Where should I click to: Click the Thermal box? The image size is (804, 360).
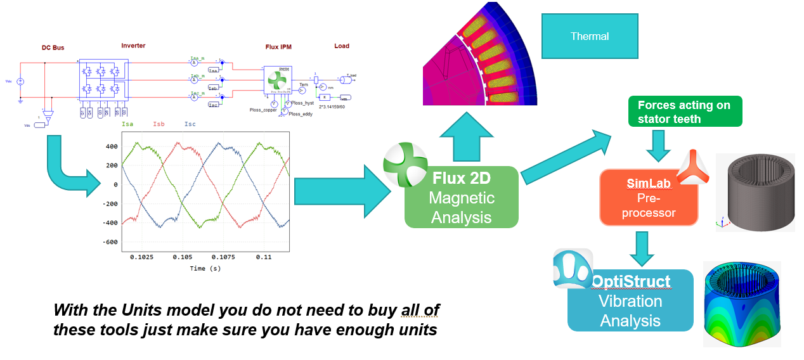coord(590,37)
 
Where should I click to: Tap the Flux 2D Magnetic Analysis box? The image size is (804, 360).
coord(461,197)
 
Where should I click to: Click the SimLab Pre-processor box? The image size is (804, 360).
coord(648,198)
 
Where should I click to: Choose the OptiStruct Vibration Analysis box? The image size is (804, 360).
coord(630,301)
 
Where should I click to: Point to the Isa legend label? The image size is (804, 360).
coord(127,125)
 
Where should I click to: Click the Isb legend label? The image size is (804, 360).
coord(159,125)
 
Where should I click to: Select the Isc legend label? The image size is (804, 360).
coord(190,125)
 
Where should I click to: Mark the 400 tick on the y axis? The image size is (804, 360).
coord(112,146)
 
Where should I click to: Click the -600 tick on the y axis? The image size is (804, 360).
coord(109,242)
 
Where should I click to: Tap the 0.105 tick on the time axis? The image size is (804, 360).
coord(183,258)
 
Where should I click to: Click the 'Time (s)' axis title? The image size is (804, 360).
coord(205,268)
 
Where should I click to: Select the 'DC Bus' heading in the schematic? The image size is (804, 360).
coord(53,48)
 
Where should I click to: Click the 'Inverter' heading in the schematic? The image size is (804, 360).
coord(133,46)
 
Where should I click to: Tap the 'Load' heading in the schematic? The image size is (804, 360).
coord(342,46)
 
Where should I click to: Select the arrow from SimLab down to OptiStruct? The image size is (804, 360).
coord(642,248)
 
